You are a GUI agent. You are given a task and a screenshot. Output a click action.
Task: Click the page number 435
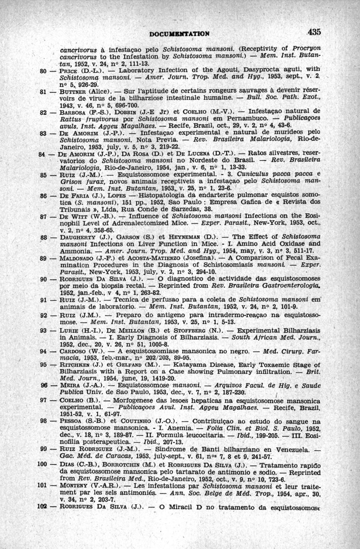(314, 32)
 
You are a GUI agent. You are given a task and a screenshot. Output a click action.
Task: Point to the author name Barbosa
(73, 110)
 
